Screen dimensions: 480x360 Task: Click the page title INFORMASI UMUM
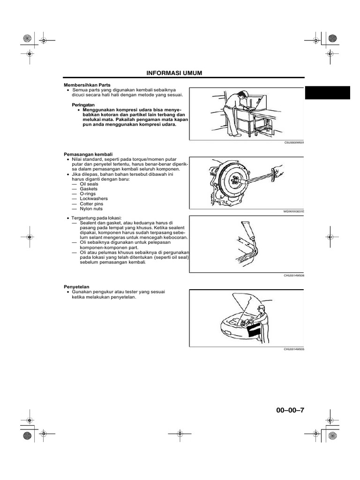[174, 74]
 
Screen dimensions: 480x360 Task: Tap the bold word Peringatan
[83, 105]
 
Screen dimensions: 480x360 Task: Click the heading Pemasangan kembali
[87, 154]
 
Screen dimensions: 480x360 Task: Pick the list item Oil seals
[89, 184]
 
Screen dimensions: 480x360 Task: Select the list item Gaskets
[89, 189]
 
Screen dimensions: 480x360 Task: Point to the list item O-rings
[88, 194]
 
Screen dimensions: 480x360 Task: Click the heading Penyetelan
[76, 286]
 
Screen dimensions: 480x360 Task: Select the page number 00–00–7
[290, 410]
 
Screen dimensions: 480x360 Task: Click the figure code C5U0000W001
[294, 142]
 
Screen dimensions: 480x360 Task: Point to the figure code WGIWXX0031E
[293, 211]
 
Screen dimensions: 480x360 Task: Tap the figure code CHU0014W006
[294, 276]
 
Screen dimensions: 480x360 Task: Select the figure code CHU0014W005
[294, 349]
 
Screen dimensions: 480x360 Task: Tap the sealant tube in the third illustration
[247, 232]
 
